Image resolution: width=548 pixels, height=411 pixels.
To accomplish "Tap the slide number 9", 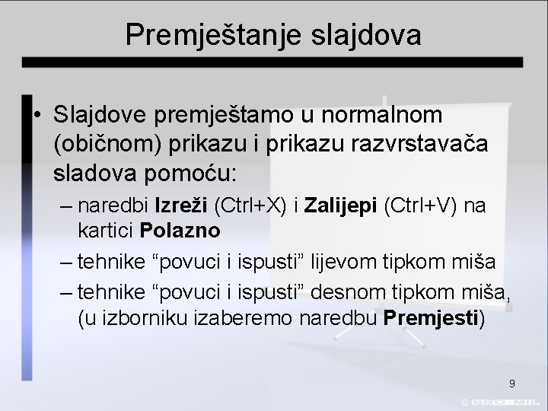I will pyautogui.click(x=511, y=383).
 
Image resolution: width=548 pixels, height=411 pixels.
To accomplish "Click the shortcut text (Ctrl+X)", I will pyautogui.click(x=250, y=207).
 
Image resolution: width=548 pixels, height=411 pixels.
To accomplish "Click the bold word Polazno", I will pyautogui.click(x=180, y=230).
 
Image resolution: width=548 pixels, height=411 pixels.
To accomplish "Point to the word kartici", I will pyautogui.click(x=105, y=230).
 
